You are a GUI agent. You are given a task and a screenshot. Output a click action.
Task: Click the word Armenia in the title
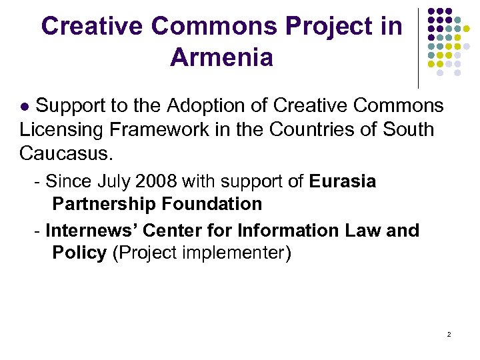pos(221,57)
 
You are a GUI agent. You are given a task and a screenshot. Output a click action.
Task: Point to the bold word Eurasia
pos(343,181)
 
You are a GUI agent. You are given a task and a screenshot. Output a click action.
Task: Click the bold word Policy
pos(79,253)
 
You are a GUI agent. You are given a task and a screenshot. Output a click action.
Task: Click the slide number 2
pos(449,333)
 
